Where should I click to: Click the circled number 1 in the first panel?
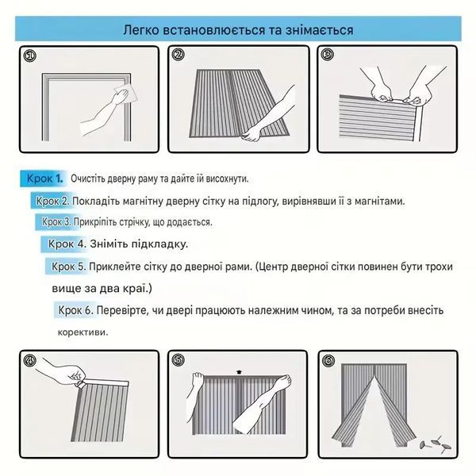[30, 56]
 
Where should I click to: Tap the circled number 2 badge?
[178, 55]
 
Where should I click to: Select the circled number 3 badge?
[327, 55]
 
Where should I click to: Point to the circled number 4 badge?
[30, 361]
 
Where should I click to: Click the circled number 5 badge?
[178, 360]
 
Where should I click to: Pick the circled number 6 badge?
[328, 361]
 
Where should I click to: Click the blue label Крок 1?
[44, 178]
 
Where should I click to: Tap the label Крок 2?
[53, 201]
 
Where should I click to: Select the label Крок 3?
[56, 222]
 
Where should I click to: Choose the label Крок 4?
[67, 244]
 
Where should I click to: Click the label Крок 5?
[69, 267]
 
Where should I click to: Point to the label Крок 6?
[75, 310]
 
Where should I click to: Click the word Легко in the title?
[141, 30]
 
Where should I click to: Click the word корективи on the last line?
[83, 332]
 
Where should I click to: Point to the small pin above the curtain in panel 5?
[240, 372]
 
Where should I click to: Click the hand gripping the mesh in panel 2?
[251, 133]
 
